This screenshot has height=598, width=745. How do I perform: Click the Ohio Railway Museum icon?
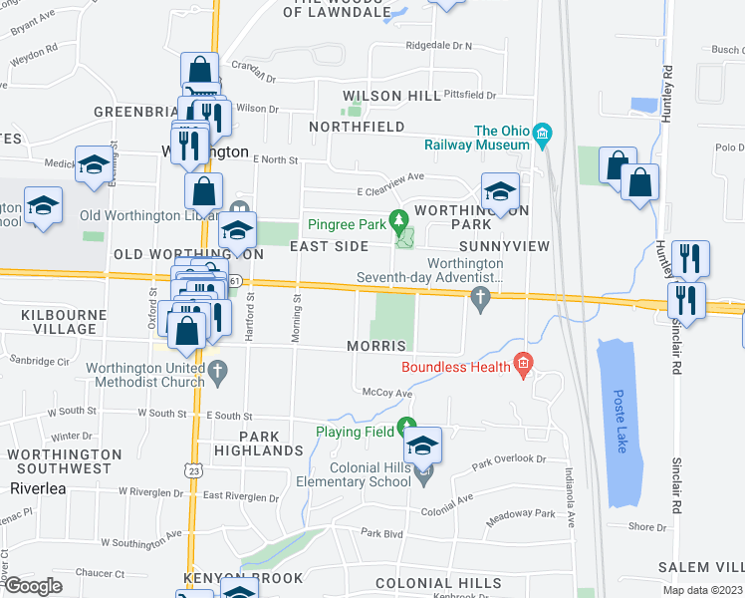[x=542, y=132]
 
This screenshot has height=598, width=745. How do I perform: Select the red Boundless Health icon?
[x=519, y=366]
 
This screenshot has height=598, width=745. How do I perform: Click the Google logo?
[x=33, y=586]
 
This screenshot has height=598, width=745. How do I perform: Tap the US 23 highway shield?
[x=194, y=468]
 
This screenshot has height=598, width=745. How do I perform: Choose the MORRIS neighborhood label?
[x=375, y=346]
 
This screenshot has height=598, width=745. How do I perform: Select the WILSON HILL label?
[x=391, y=96]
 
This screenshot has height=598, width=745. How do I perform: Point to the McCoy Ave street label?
[x=386, y=394]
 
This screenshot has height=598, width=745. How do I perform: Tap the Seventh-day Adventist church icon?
[x=481, y=298]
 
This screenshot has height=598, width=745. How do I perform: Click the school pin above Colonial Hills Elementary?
[x=423, y=448]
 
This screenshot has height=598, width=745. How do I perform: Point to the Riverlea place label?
[x=37, y=488]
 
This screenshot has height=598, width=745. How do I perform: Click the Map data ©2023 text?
[x=702, y=590]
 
